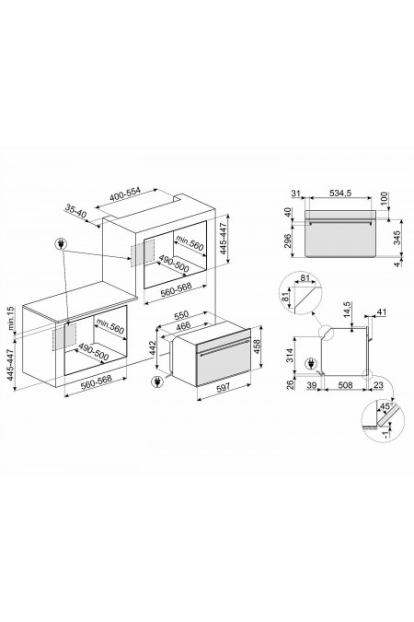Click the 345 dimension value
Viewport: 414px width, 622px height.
click(396, 239)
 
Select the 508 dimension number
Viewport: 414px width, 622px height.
click(343, 388)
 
